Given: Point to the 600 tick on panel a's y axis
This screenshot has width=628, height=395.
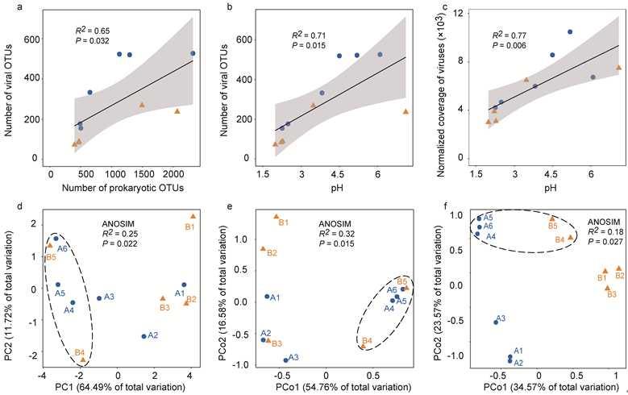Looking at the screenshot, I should (31, 39).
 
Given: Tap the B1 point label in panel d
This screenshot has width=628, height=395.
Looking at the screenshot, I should (190, 228).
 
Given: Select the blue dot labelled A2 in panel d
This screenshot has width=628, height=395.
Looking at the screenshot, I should (144, 336).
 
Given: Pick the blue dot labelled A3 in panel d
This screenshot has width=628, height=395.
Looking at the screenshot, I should (99, 298).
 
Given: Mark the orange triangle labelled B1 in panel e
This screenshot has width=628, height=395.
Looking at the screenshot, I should (276, 217).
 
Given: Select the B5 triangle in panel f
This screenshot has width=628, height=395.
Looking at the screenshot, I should (551, 218).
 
